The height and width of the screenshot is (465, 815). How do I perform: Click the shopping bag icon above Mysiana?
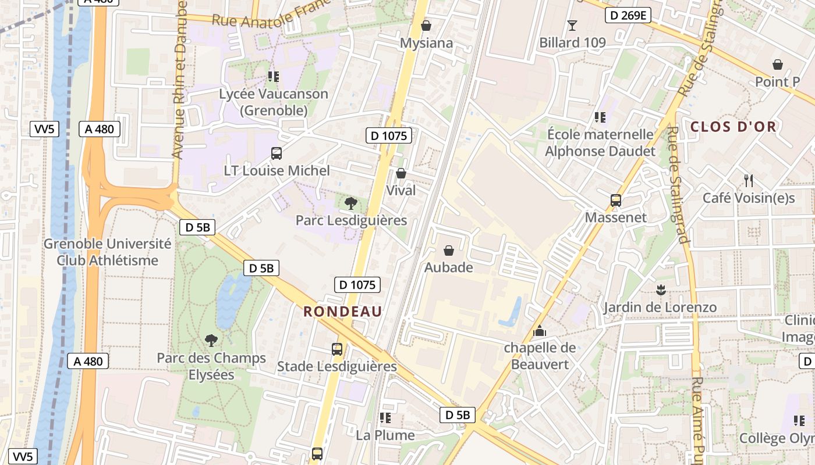click(426, 26)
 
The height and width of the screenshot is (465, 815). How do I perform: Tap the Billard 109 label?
click(572, 42)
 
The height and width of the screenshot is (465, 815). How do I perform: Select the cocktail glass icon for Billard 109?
click(572, 25)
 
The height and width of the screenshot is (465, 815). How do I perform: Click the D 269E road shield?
click(628, 16)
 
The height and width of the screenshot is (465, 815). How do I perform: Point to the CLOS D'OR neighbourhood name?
click(733, 127)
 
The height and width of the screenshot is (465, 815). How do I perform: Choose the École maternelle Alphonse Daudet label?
click(600, 143)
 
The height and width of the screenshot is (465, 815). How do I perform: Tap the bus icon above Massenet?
click(616, 201)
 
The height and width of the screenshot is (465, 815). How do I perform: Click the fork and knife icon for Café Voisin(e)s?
click(749, 181)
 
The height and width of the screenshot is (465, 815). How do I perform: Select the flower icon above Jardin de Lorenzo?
click(660, 289)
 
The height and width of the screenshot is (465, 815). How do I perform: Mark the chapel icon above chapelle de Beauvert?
click(540, 331)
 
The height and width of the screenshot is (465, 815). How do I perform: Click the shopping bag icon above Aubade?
click(449, 251)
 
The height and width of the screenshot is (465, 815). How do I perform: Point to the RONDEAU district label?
click(343, 312)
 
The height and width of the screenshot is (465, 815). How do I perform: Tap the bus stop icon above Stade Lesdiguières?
click(337, 349)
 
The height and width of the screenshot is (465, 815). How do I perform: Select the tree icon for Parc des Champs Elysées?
click(211, 340)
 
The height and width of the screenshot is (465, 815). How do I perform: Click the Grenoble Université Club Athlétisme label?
click(108, 252)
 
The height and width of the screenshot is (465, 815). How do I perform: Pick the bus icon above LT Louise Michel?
click(277, 153)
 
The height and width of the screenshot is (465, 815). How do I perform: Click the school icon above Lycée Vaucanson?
click(274, 76)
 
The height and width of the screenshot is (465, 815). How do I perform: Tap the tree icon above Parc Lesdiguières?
click(351, 203)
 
